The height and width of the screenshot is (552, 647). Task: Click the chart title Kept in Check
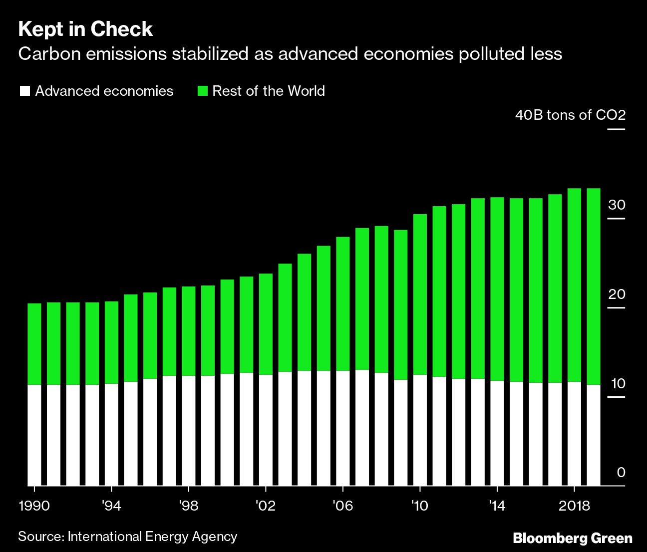85,29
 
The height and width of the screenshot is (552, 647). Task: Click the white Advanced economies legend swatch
24,91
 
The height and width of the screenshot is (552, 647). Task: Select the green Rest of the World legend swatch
202,91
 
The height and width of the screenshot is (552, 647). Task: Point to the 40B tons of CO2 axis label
570,115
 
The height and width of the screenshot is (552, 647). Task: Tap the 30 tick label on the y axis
617,205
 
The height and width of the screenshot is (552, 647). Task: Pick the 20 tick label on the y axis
617,294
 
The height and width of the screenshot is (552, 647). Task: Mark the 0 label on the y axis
621,473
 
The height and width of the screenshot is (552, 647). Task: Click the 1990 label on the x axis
34,506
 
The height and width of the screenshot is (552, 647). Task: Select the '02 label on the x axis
265,506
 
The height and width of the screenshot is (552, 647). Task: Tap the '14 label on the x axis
496,506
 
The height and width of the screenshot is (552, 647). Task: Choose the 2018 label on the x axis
574,506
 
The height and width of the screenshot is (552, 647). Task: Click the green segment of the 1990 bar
34,344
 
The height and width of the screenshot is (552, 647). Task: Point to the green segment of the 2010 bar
420,294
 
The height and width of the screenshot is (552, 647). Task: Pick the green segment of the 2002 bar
266,324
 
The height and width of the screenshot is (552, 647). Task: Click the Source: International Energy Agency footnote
127,537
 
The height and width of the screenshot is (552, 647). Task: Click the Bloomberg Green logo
573,539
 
